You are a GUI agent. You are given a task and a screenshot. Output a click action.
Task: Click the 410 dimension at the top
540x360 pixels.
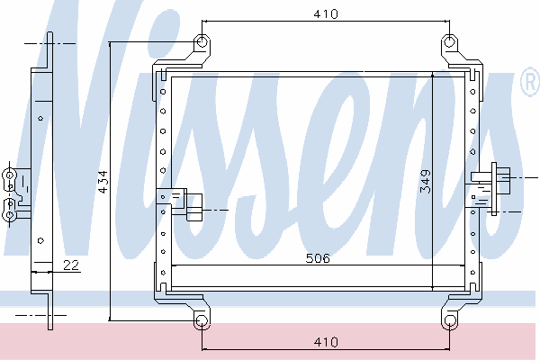326,14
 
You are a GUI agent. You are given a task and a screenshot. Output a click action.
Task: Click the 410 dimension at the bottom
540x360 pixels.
326,342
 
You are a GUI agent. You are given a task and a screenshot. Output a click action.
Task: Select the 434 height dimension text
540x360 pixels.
103,182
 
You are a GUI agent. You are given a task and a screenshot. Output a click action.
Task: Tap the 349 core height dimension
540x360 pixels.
426,182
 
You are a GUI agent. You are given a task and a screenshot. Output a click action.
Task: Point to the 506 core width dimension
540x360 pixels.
318,258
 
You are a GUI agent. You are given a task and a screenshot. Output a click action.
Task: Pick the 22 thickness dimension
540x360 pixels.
71,265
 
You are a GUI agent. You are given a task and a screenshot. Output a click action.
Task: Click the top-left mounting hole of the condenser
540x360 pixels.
202,42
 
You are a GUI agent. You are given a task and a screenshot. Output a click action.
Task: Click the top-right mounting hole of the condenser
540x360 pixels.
449,42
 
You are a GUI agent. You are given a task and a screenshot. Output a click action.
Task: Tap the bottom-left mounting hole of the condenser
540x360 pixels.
202,320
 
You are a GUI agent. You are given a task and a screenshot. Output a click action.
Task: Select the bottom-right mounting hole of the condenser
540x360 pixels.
449,320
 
